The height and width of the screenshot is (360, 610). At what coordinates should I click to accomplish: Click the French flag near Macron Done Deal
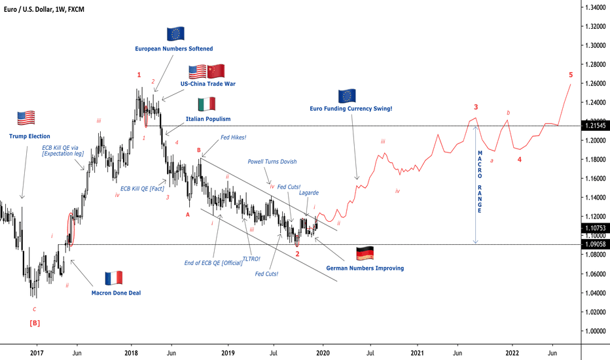(115, 278)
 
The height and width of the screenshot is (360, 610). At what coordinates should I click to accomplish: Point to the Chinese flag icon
(216, 71)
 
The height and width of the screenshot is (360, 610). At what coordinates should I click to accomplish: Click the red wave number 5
(571, 75)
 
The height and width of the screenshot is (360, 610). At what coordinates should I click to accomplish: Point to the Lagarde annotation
(309, 192)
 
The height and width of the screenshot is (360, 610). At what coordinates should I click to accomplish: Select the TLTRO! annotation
(252, 259)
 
